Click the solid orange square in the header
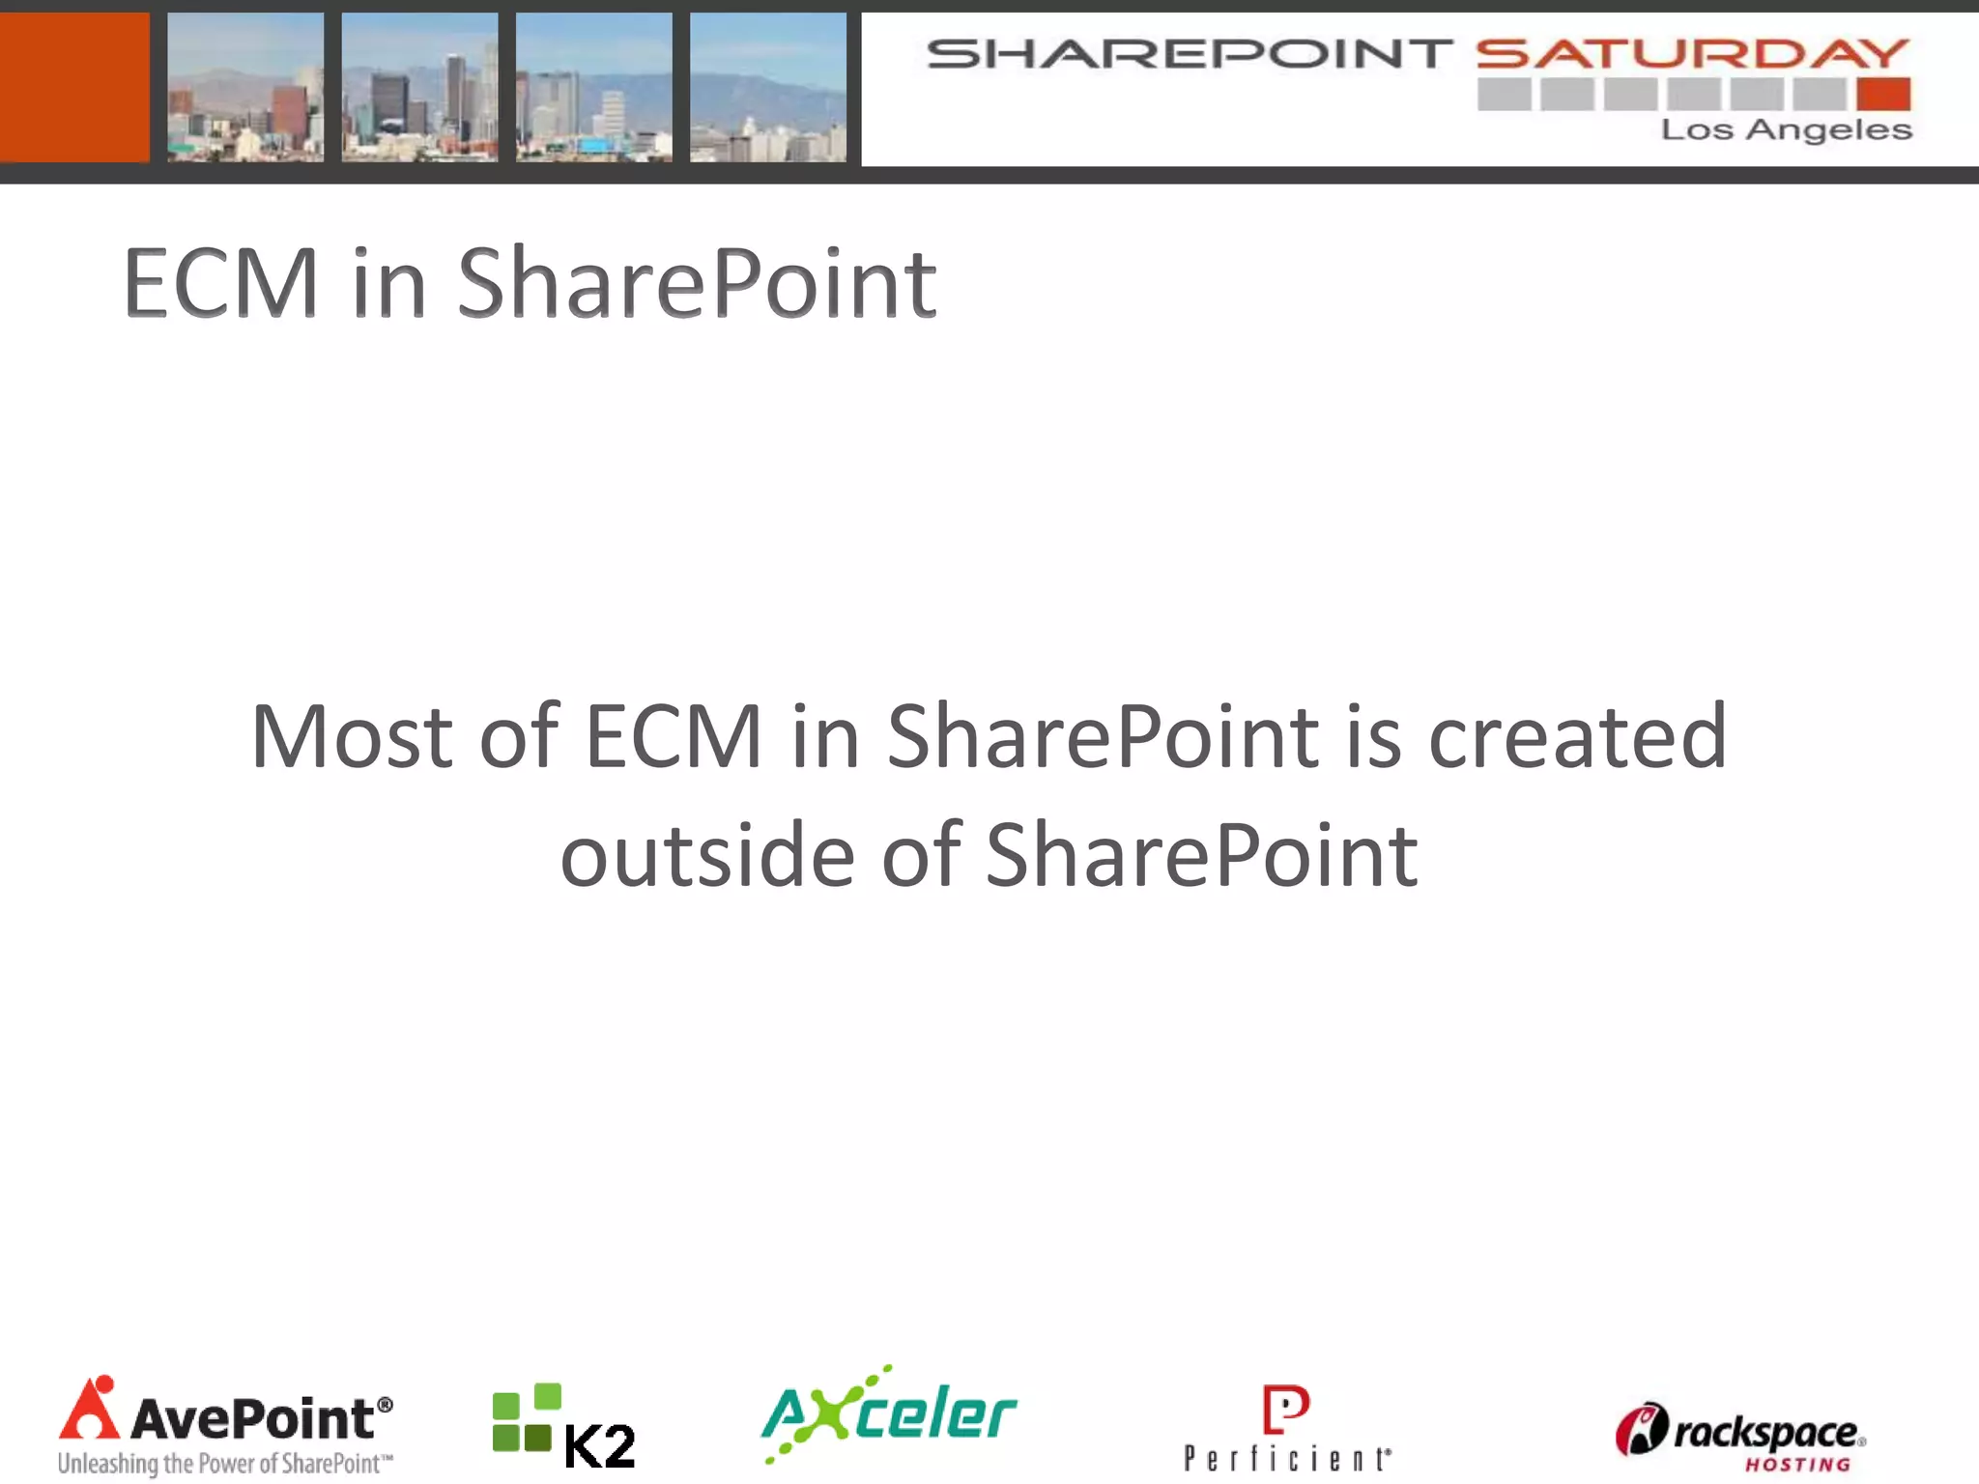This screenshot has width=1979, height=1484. point(74,87)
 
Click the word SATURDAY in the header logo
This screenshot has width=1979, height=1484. point(1692,54)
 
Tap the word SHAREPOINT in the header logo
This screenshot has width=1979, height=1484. point(1189,54)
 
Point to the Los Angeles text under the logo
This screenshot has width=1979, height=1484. point(1786,129)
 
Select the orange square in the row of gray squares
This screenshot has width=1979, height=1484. point(1883,95)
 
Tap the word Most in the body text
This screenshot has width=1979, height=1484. point(352,737)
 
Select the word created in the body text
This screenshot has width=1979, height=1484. point(1577,737)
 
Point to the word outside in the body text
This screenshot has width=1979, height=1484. point(707,856)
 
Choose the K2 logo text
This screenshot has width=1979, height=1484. point(599,1446)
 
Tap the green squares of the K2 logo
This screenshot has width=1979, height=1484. point(525,1418)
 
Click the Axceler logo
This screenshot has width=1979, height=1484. point(889,1414)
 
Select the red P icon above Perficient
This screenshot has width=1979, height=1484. point(1286,1410)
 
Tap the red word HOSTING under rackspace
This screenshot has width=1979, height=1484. point(1797,1466)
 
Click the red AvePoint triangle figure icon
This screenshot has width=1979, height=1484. point(90,1409)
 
